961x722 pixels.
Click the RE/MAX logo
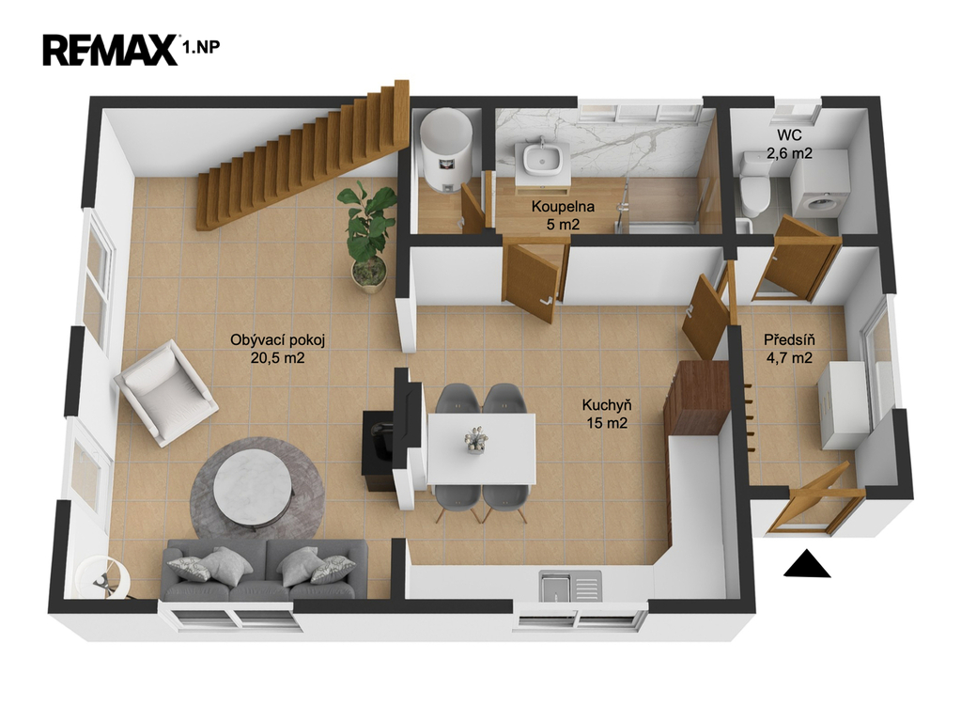tap(110, 51)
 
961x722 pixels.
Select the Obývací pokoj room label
tap(277, 349)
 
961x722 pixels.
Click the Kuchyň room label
tap(607, 414)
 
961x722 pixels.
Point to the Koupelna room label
tap(563, 215)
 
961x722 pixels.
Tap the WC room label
tap(789, 144)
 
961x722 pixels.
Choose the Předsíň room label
tap(789, 349)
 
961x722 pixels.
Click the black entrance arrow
tap(807, 564)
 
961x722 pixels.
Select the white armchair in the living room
tap(165, 393)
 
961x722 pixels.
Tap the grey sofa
tap(264, 571)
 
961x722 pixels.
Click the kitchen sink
tap(570, 587)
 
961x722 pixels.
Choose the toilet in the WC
tap(752, 182)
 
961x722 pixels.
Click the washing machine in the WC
tap(819, 182)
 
